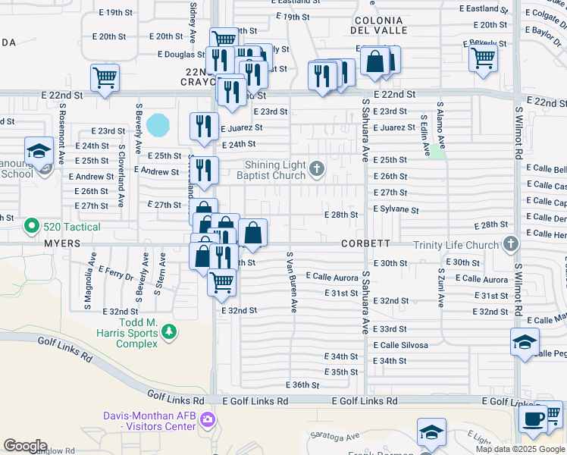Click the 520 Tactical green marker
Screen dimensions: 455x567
[x=32, y=226]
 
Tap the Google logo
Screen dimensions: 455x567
[x=25, y=446]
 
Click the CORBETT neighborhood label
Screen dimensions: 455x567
[x=365, y=244]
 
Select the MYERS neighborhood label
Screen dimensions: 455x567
[x=63, y=244]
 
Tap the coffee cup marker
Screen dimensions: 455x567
[x=532, y=418]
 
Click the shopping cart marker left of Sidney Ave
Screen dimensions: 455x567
[x=105, y=77]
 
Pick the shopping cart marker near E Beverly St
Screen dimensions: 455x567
[x=483, y=58]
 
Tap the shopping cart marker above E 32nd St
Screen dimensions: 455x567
[x=221, y=281]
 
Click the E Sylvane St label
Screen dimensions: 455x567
[x=395, y=209]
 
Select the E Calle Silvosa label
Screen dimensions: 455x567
[x=399, y=345]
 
